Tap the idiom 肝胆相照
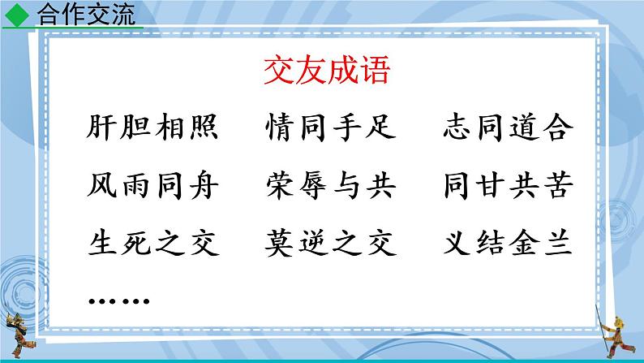click(150, 128)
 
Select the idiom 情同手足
click(331, 128)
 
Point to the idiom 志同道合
click(510, 128)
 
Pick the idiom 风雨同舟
click(150, 187)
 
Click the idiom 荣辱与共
click(331, 187)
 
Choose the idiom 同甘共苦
click(510, 187)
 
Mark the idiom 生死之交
click(150, 244)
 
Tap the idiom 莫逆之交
click(331, 244)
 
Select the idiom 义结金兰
click(510, 244)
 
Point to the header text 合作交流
click(86, 15)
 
